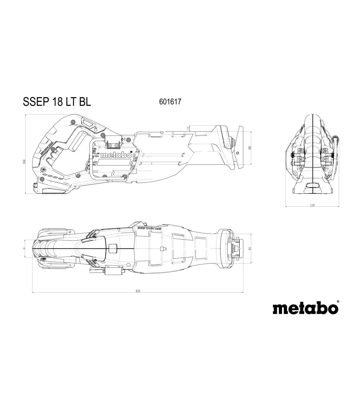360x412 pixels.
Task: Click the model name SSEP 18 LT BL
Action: [57, 102]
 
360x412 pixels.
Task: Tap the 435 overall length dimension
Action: [138, 291]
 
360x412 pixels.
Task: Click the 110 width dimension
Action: [312, 205]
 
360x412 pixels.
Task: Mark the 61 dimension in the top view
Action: [249, 249]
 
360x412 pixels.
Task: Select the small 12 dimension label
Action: [188, 128]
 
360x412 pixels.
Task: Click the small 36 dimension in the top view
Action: [24, 249]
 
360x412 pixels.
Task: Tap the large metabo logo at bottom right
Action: [305, 308]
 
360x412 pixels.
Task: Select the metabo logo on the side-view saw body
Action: [116, 155]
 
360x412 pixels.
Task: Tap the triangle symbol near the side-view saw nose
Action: [227, 145]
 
